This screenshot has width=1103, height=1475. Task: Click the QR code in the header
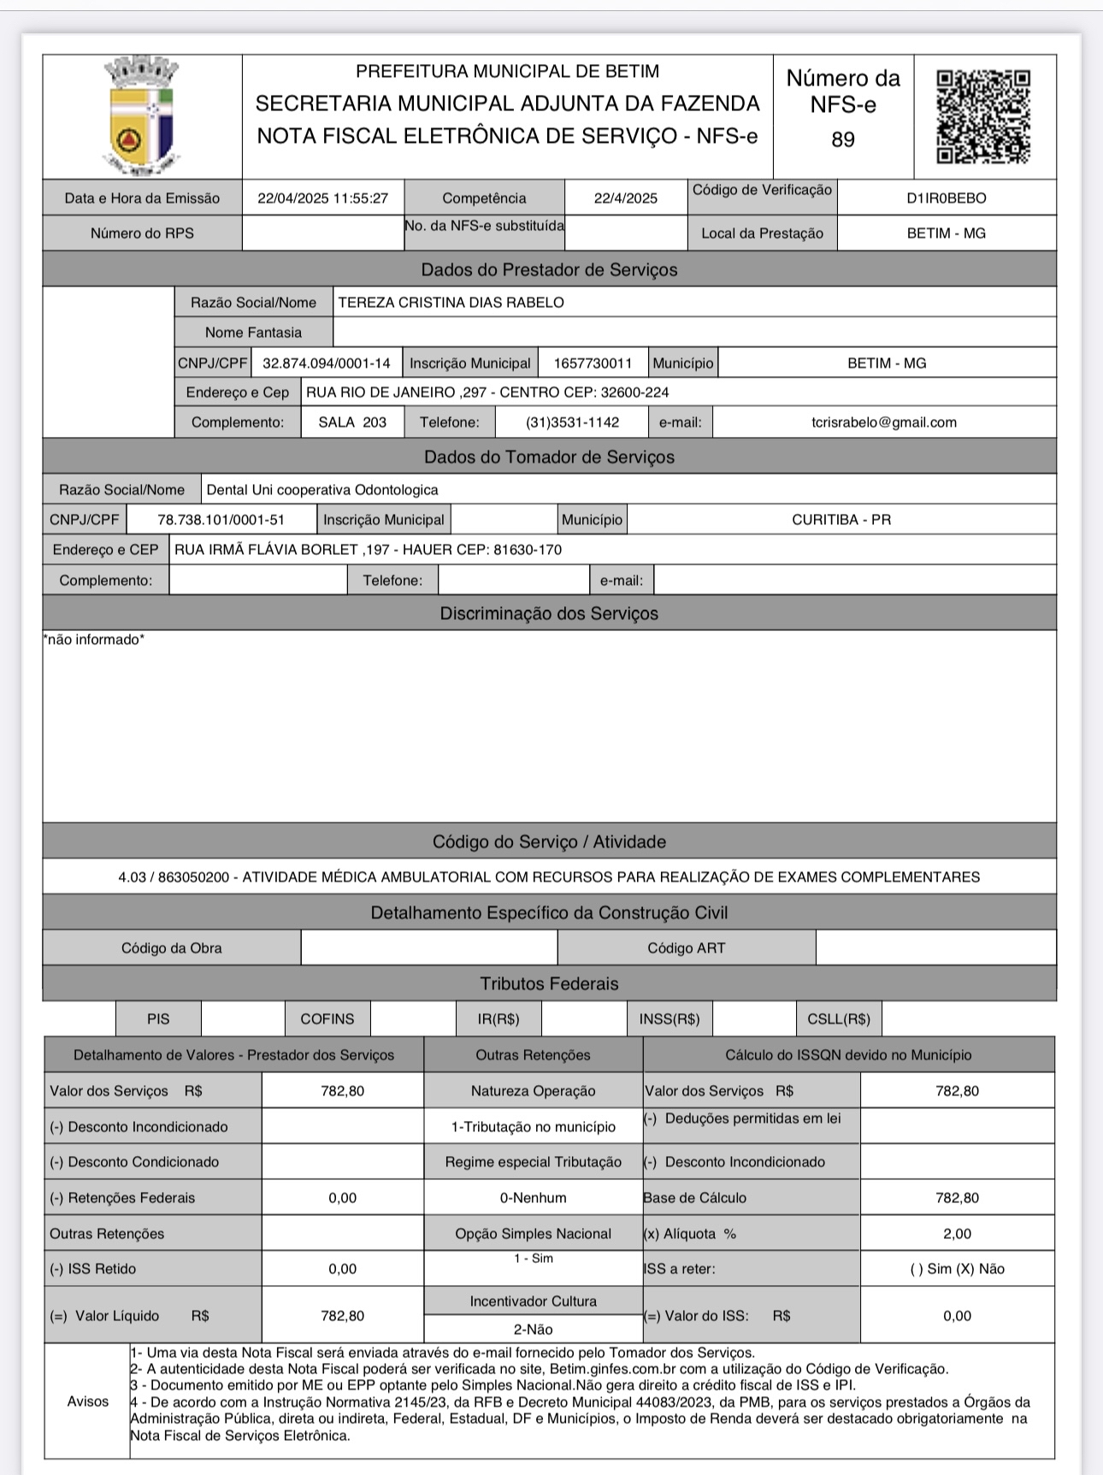(x=983, y=116)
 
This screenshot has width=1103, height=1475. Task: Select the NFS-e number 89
(x=842, y=139)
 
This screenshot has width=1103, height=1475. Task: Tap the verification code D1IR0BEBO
(x=946, y=198)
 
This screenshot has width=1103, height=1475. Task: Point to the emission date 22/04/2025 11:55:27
(x=322, y=198)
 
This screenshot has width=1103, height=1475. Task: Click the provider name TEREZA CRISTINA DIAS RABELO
(x=451, y=303)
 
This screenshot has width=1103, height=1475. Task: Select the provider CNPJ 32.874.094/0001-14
(x=326, y=363)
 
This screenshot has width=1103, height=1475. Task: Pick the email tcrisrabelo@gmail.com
(x=883, y=422)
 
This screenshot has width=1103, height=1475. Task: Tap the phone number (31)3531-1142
(x=572, y=422)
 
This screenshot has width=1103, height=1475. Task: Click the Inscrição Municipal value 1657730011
(x=593, y=363)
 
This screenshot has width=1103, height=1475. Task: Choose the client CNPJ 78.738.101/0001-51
(x=221, y=520)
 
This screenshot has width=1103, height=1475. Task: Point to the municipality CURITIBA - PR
(x=841, y=520)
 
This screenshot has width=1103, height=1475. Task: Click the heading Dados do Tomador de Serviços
(x=549, y=457)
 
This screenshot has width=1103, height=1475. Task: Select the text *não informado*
(x=94, y=640)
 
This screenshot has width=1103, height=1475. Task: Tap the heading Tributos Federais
(x=549, y=984)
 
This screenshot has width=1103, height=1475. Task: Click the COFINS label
(x=327, y=1019)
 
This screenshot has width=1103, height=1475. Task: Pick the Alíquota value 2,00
(x=957, y=1234)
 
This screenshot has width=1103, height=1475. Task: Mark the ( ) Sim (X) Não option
(x=957, y=1269)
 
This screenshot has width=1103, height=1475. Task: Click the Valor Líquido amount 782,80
(x=342, y=1316)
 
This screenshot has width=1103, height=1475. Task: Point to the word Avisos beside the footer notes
(x=87, y=1401)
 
